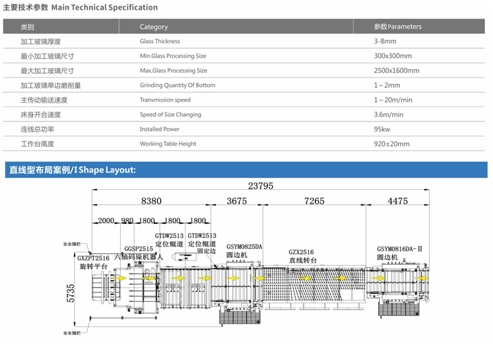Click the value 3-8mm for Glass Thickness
click(385, 41)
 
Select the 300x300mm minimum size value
click(393, 56)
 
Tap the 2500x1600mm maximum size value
click(396, 71)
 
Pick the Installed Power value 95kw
click(383, 129)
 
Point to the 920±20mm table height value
click(391, 144)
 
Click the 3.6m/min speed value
click(388, 114)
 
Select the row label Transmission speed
click(165, 99)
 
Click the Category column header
click(153, 27)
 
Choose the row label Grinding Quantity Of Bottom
click(177, 85)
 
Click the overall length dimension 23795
click(261, 186)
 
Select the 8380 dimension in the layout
click(151, 201)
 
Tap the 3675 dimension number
click(237, 201)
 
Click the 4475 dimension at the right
click(397, 201)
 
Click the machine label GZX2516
click(301, 252)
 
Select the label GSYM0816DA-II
click(400, 249)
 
